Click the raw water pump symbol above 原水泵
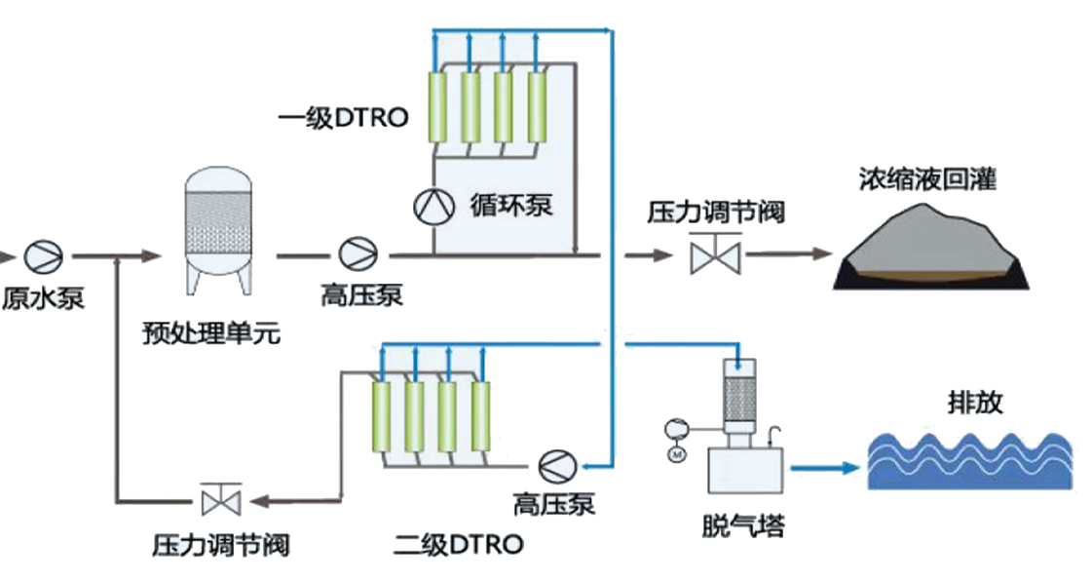point(43,256)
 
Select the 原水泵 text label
point(42,298)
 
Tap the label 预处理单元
point(210,334)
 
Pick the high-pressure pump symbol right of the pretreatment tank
point(357,255)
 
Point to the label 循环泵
point(511,207)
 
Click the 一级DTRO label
point(342,118)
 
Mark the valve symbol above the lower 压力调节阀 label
point(214,500)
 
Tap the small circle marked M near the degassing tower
point(676,453)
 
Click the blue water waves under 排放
point(969,458)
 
